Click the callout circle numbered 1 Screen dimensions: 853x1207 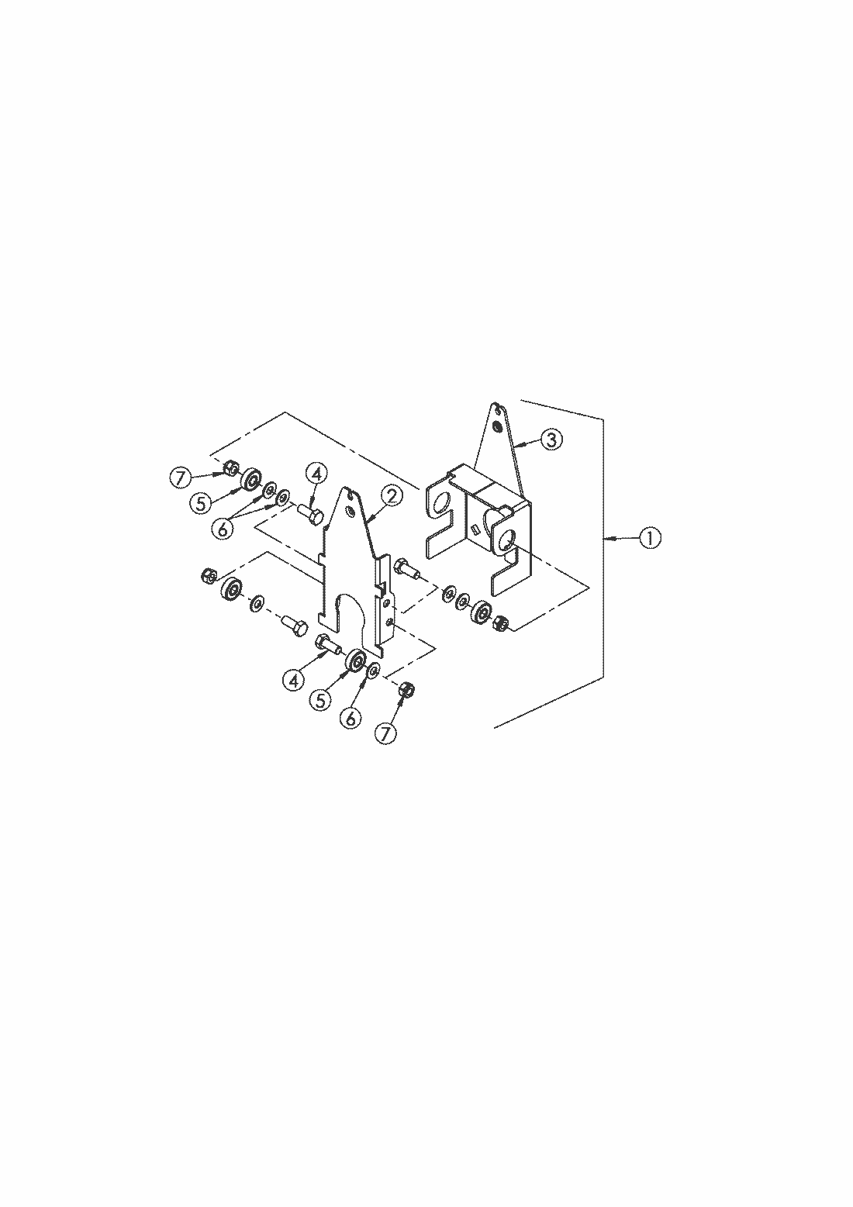coord(650,538)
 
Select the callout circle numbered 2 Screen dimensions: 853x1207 coord(391,495)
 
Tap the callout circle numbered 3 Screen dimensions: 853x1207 coord(551,440)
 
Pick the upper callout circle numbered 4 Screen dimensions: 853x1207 coord(316,474)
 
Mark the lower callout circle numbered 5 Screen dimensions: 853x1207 coord(320,700)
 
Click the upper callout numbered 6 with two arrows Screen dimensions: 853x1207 coord(223,527)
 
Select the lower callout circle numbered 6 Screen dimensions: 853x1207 coord(351,718)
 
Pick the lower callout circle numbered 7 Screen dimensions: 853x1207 coord(385,734)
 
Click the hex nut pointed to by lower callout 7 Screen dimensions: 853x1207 coord(407,689)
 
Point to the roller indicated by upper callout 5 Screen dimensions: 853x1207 coord(250,479)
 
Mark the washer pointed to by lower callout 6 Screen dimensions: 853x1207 coord(374,671)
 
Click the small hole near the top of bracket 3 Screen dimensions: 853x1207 coord(496,427)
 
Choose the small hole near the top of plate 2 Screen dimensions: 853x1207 coord(351,510)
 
